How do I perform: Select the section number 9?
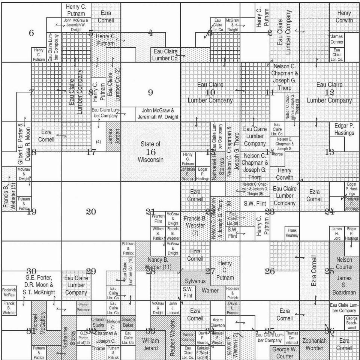click(150, 92)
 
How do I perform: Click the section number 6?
click(31, 33)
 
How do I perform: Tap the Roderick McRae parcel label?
click(9, 292)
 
